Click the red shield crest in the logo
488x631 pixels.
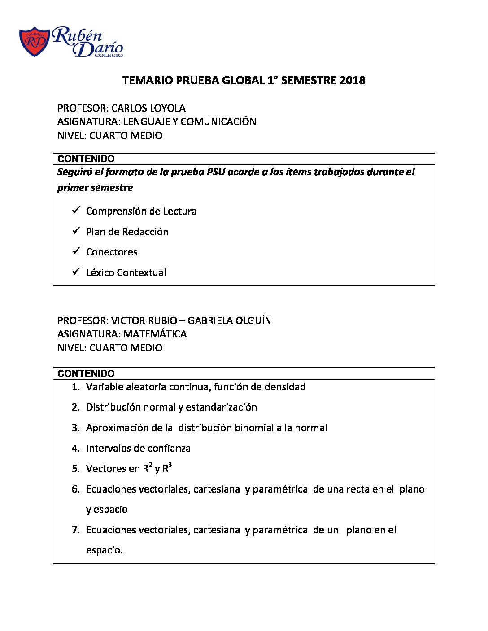tap(34, 42)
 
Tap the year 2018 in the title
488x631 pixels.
tap(352, 81)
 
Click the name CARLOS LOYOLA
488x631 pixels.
tap(148, 108)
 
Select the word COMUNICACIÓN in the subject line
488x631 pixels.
tap(218, 121)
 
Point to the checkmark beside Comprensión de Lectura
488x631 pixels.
tap(76, 210)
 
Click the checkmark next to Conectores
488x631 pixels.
tap(76, 251)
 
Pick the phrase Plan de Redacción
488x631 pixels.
tap(127, 232)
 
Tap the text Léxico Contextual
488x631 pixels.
tap(126, 272)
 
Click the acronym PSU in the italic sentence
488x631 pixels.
tap(216, 172)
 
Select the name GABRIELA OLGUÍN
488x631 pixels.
tap(229, 320)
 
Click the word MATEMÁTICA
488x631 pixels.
tap(155, 334)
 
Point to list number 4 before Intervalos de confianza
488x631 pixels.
tap(75, 448)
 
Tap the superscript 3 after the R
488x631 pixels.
tap(170, 466)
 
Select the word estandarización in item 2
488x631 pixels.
tap(221, 407)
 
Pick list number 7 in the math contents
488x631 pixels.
tap(75, 530)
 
